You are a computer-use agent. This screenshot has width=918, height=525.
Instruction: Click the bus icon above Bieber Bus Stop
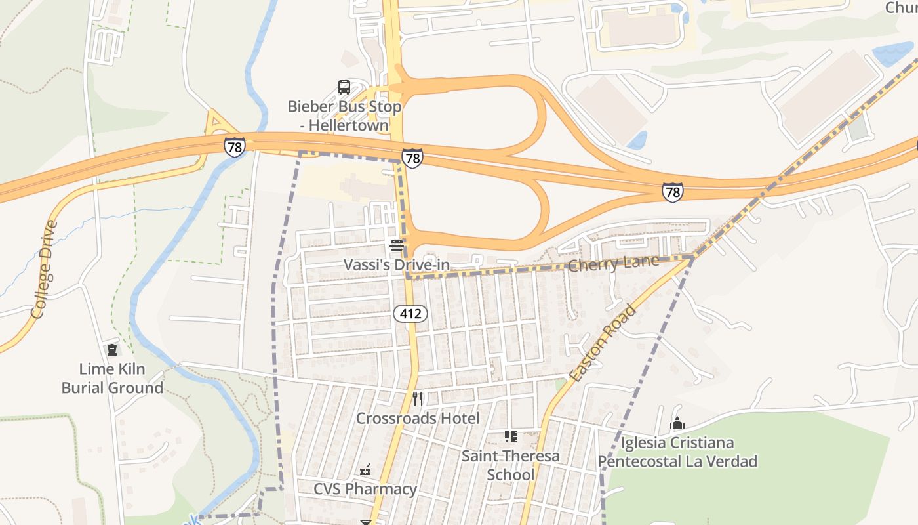coord(344,87)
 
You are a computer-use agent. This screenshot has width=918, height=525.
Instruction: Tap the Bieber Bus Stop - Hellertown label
coord(344,115)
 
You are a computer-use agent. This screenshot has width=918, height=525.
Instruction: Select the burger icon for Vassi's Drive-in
coord(396,246)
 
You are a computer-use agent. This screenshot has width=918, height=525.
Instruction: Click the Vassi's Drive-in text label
coord(397,265)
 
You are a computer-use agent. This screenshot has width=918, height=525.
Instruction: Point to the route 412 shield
coord(410,314)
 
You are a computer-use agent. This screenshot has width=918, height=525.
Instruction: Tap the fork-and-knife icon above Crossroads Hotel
coord(418,399)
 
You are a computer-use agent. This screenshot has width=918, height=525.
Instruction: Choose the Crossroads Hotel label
coord(418,418)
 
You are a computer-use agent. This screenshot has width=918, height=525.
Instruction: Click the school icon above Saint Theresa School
coord(510,436)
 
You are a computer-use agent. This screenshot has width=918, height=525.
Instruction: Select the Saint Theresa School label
coord(511,465)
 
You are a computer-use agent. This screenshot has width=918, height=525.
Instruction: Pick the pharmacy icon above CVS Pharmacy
coord(365,470)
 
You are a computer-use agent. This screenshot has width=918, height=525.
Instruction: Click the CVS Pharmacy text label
coord(365,489)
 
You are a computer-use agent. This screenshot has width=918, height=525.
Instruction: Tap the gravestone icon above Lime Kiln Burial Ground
coord(112,350)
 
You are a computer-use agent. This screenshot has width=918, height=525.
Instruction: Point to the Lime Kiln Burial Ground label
coord(112,378)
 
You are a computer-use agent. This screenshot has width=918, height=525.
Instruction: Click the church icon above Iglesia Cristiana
coord(677,424)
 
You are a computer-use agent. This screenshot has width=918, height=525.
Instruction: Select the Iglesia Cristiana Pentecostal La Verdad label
coord(677,452)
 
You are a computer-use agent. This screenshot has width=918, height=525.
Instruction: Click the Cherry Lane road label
coord(613,264)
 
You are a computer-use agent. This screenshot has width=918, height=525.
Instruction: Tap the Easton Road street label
coord(603,343)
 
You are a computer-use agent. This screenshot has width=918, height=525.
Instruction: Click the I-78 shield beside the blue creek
coord(234,146)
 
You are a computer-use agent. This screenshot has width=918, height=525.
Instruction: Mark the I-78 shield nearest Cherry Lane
coord(672,192)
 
